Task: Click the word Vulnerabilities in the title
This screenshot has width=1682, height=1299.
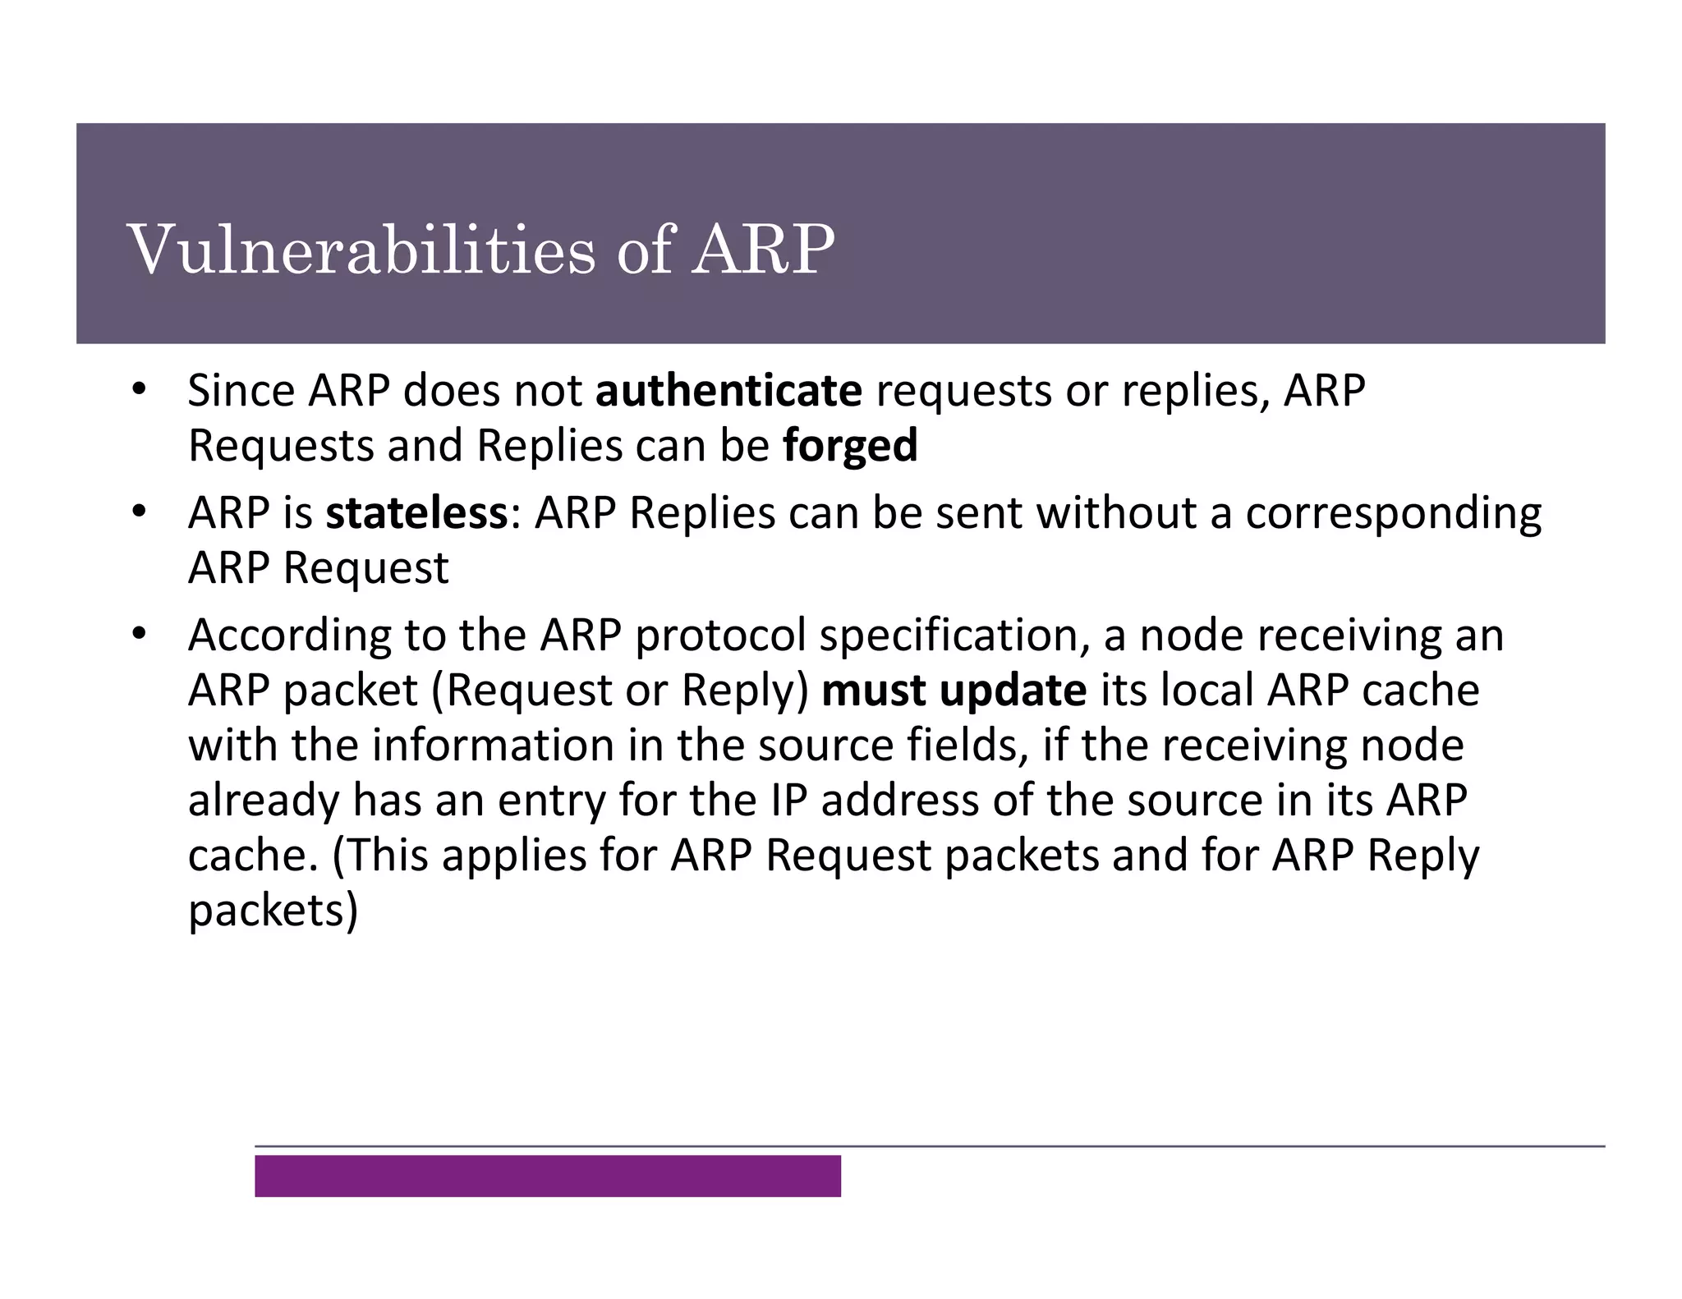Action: (361, 250)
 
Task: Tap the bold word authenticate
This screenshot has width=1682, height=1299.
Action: (728, 391)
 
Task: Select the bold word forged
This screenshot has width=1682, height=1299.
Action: (850, 447)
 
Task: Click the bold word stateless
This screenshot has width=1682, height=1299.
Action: (416, 514)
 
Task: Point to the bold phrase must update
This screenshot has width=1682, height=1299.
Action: (954, 691)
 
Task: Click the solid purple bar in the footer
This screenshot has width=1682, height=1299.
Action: (547, 1176)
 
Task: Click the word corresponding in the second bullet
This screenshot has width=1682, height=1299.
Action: (1393, 514)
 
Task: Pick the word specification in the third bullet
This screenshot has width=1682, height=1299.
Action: (955, 636)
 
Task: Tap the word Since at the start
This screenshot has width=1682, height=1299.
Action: (241, 391)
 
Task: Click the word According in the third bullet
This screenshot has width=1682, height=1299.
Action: (289, 636)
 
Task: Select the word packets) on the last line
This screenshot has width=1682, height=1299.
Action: (273, 911)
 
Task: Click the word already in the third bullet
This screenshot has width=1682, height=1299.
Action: (263, 801)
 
